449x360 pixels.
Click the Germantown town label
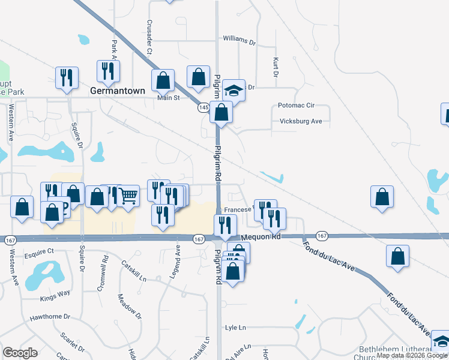[x=118, y=91]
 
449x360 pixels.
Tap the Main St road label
[x=169, y=98]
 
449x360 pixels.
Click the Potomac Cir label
[x=296, y=105]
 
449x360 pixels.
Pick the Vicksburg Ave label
[x=301, y=121]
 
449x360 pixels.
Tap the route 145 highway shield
[x=203, y=107]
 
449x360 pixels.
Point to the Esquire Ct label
[x=39, y=251]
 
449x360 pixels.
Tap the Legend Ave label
[x=178, y=256]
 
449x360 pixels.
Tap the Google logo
[x=20, y=352]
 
